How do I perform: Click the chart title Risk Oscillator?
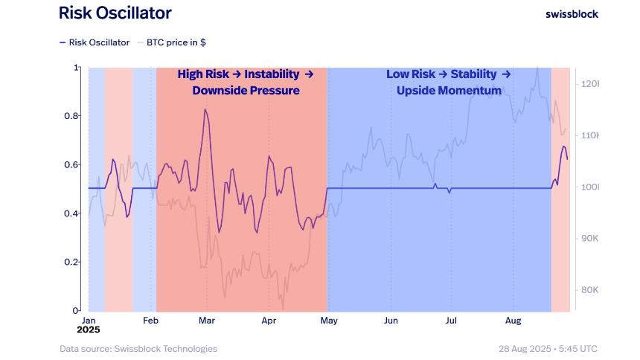pyautogui.click(x=115, y=13)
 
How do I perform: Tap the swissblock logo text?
pyautogui.click(x=572, y=13)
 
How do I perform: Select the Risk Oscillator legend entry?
pyautogui.click(x=95, y=42)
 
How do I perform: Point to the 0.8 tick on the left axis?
pyautogui.click(x=71, y=116)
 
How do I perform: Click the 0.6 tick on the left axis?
pyautogui.click(x=71, y=164)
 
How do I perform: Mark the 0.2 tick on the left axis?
pyautogui.click(x=71, y=262)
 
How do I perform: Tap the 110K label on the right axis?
pyautogui.click(x=589, y=135)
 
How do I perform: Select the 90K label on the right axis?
pyautogui.click(x=589, y=238)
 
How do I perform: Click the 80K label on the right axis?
pyautogui.click(x=589, y=290)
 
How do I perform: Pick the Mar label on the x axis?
pyautogui.click(x=207, y=321)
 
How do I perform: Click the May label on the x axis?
pyautogui.click(x=329, y=321)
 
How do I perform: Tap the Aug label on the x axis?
pyautogui.click(x=513, y=321)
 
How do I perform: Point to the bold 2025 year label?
pyautogui.click(x=88, y=329)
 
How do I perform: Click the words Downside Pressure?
pyautogui.click(x=246, y=91)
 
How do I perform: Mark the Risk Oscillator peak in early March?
pyautogui.click(x=205, y=109)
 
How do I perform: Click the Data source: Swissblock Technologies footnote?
pyautogui.click(x=138, y=349)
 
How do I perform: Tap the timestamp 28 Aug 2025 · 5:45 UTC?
pyautogui.click(x=548, y=349)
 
